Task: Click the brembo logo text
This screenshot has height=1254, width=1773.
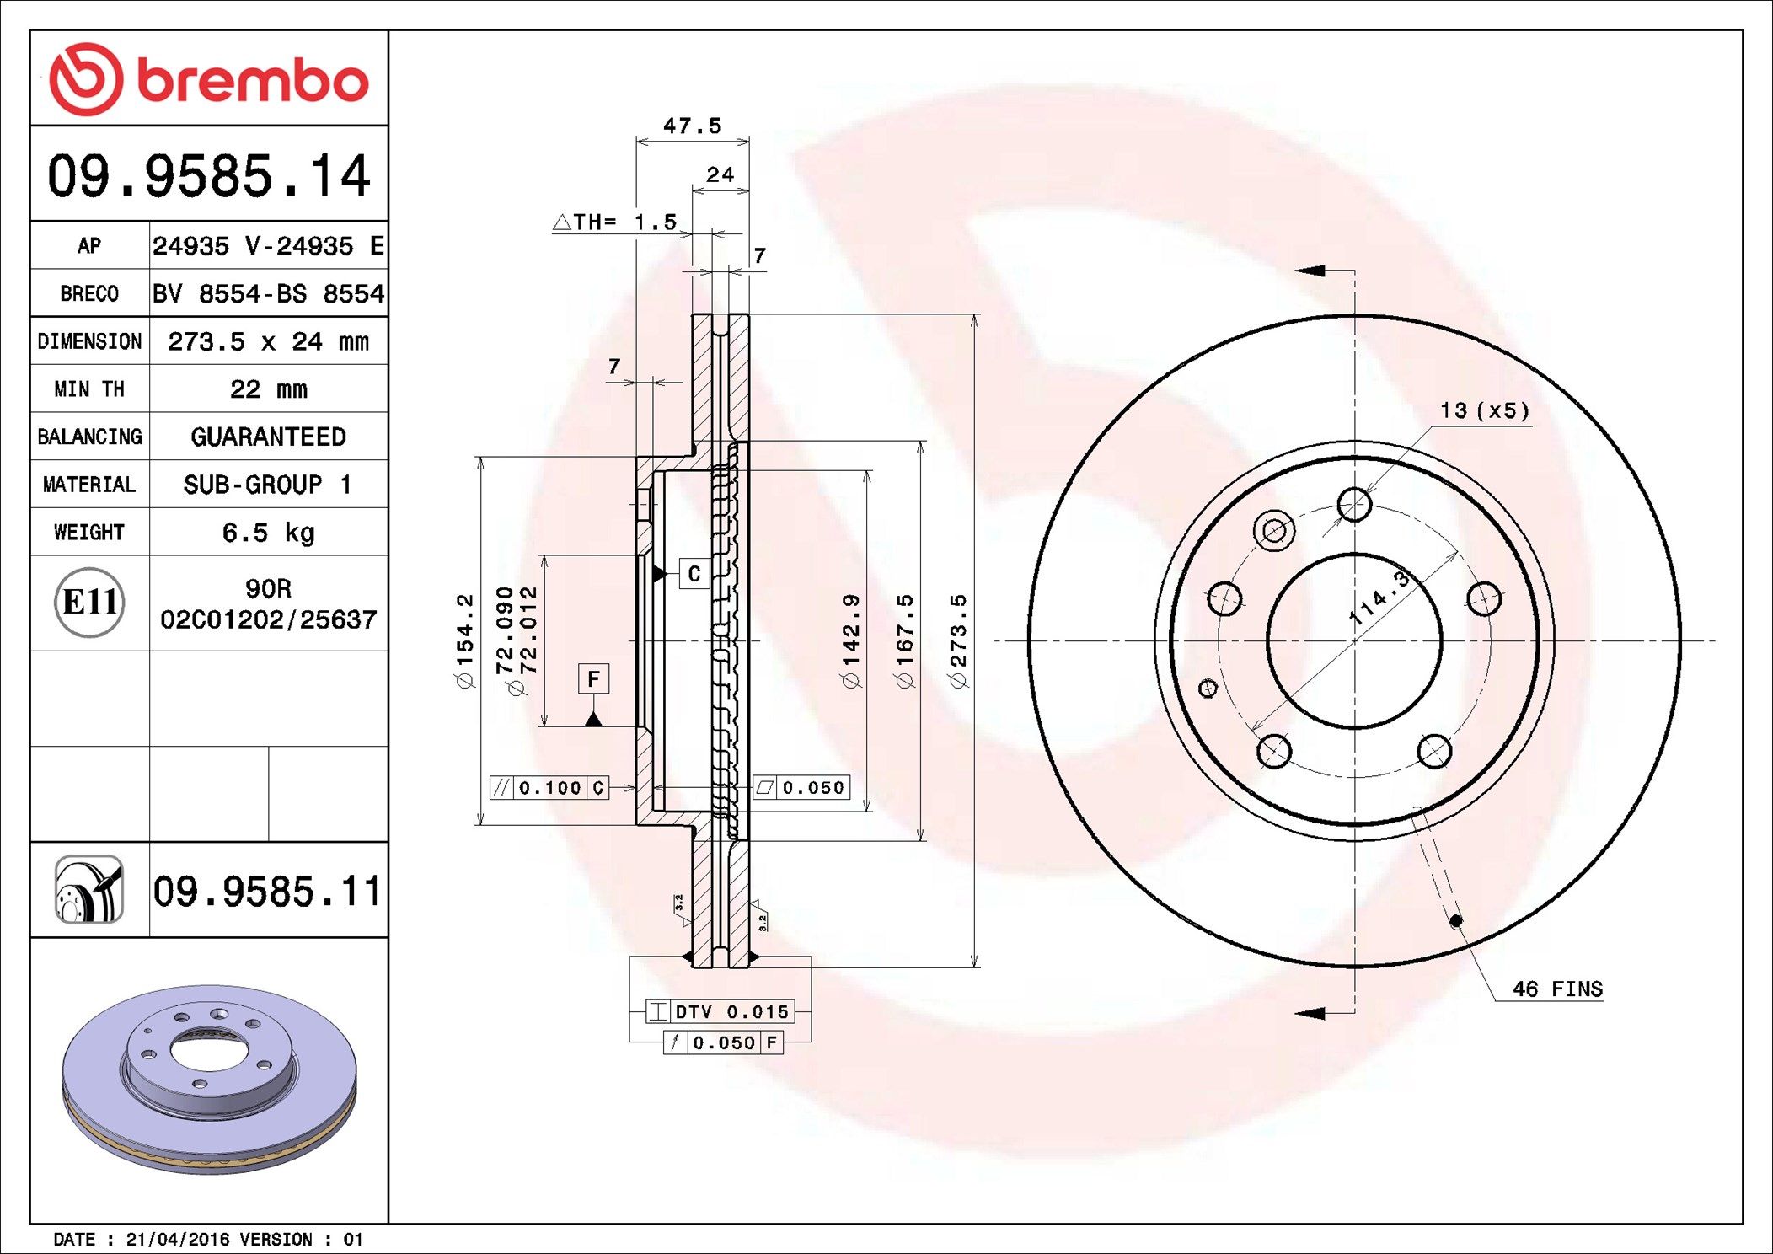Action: [x=252, y=81]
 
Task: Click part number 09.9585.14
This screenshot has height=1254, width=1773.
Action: [x=209, y=176]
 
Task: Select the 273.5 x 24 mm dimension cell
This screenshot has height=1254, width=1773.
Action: [x=268, y=341]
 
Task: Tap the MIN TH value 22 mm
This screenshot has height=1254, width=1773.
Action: [x=268, y=389]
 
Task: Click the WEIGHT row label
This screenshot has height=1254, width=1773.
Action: [x=89, y=533]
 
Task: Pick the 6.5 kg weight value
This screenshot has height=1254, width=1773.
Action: [x=268, y=533]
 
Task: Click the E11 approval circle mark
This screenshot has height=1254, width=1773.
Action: [x=89, y=603]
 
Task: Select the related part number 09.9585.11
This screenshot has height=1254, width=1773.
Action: [x=267, y=891]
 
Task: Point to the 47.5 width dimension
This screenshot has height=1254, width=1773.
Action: [x=692, y=126]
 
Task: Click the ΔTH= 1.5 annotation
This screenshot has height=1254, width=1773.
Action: [x=615, y=222]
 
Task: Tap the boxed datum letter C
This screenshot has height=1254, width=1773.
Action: [x=694, y=574]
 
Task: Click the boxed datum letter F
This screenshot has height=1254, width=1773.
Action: [x=593, y=678]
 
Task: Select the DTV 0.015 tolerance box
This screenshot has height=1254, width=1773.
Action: [x=720, y=1011]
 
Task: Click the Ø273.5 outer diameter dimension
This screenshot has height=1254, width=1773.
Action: [x=959, y=640]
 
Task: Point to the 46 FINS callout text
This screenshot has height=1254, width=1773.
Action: [x=1556, y=989]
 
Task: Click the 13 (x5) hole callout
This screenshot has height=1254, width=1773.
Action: [x=1484, y=411]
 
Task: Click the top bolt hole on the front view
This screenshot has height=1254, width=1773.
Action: [x=1354, y=505]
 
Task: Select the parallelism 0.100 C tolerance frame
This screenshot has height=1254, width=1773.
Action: [x=549, y=788]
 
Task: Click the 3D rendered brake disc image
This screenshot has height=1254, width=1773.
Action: [x=209, y=1080]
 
